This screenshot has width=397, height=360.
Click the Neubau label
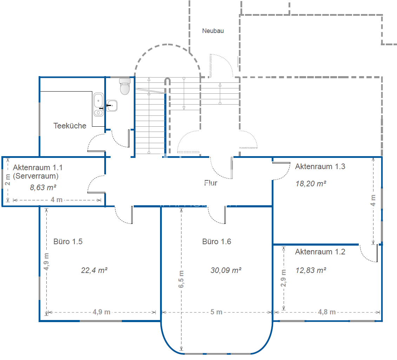click(213, 31)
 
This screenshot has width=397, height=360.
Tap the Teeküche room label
click(70, 126)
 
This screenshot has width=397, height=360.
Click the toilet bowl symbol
click(125, 86)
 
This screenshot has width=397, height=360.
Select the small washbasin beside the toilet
click(112, 106)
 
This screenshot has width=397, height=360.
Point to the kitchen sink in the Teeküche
click(99, 105)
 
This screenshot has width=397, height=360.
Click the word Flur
click(211, 183)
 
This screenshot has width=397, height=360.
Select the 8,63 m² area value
click(43, 188)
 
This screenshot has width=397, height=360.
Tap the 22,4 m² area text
click(94, 271)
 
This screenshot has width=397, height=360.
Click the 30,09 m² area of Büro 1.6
click(226, 271)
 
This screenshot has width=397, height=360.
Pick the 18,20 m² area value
click(311, 184)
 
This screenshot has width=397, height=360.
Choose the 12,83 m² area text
click(311, 271)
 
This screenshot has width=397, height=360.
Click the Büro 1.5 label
click(68, 241)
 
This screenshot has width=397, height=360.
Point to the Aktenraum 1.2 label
click(320, 252)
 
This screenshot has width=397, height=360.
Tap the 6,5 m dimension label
click(181, 279)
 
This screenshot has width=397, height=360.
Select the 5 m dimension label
click(216, 312)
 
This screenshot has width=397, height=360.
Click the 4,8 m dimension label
click(327, 312)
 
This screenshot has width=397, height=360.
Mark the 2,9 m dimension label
click(283, 278)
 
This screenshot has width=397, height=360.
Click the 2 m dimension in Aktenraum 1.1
click(8, 180)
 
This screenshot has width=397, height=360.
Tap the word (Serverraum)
click(36, 176)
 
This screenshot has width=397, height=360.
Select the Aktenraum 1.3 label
click(320, 167)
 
